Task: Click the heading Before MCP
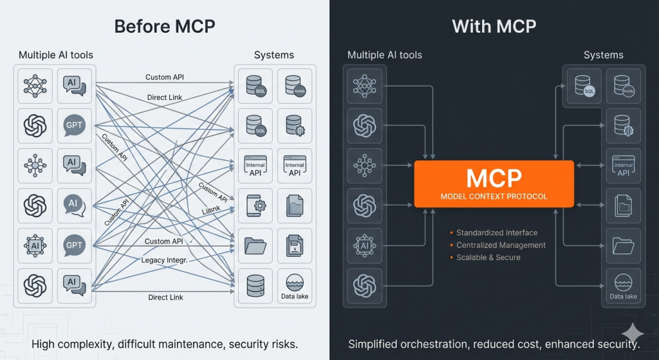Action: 164,26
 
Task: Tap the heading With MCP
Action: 494,26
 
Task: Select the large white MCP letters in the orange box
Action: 494,178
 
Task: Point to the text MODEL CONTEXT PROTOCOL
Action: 494,196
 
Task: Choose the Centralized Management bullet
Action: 501,245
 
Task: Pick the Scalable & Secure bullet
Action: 488,257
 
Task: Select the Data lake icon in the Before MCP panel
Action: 295,285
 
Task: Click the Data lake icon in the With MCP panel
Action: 623,285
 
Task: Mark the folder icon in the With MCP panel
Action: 623,245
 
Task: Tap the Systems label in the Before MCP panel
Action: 274,55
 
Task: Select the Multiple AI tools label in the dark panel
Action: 385,55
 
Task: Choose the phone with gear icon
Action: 255,205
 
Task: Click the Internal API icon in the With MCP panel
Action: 623,166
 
